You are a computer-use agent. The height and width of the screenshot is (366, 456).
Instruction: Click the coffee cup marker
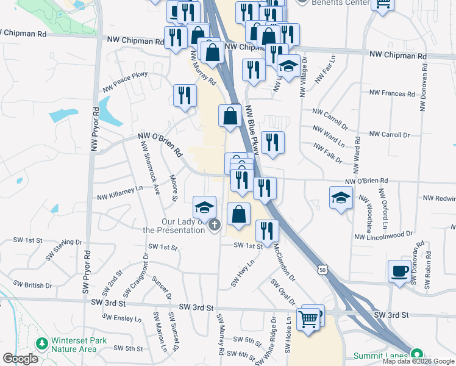pyautogui.click(x=400, y=270)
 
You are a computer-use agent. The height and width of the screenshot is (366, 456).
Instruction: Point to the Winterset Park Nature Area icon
pyautogui.click(x=42, y=344)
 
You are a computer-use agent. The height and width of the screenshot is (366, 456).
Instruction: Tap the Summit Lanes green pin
pyautogui.click(x=417, y=354)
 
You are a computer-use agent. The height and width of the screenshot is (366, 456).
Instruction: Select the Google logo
pyautogui.click(x=20, y=359)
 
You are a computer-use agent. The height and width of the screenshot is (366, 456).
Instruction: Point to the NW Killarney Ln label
pyautogui.click(x=120, y=193)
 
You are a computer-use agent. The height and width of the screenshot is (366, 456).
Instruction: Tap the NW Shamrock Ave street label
pyautogui.click(x=150, y=167)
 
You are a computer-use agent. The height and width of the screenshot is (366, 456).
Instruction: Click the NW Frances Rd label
pyautogui.click(x=391, y=93)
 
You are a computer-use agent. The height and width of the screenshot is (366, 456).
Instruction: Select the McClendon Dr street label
pyautogui.click(x=283, y=264)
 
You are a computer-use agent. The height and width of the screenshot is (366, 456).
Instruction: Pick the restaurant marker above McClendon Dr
pyautogui.click(x=266, y=229)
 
